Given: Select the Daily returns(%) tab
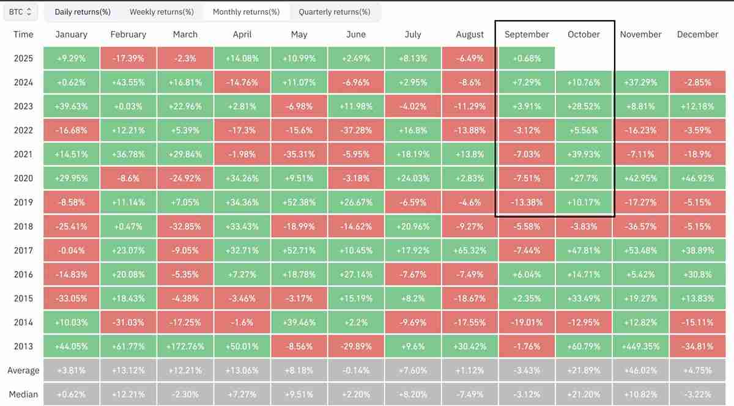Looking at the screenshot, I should [83, 12].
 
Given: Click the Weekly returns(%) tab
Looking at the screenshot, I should [161, 12].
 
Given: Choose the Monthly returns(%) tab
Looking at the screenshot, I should [246, 12].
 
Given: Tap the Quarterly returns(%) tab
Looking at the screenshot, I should [334, 12].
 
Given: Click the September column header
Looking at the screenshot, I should [527, 34].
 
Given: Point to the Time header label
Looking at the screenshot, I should [23, 34].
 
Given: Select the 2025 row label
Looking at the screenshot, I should [23, 59].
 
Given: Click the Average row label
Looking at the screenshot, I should [23, 370].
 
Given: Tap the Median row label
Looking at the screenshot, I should [23, 394].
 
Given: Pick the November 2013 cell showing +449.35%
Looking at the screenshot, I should [640, 346].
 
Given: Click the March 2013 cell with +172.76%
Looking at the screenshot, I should [185, 346].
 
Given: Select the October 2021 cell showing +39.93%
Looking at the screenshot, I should [584, 154].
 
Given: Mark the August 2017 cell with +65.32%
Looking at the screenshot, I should [470, 250].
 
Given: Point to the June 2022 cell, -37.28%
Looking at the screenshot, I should [356, 130].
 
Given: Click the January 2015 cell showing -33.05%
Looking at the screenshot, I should [72, 298].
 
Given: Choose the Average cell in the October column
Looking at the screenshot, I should [584, 370].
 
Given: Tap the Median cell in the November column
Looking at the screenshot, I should [640, 394].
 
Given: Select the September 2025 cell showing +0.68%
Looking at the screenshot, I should [527, 59].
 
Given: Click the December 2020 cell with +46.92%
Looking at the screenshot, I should [697, 179].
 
